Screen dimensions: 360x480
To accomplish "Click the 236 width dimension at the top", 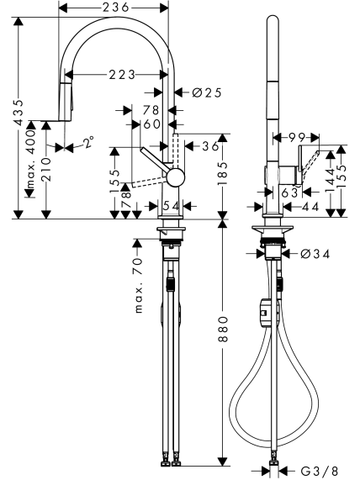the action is [x=115, y=8].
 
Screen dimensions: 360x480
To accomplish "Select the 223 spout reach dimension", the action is [x=122, y=74].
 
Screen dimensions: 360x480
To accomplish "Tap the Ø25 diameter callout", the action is [x=207, y=92].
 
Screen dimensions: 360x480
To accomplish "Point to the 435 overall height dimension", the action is [x=19, y=113].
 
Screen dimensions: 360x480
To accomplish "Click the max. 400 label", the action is [x=31, y=159].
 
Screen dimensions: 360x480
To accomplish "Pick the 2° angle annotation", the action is [x=88, y=142].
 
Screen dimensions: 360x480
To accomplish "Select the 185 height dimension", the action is [x=224, y=173].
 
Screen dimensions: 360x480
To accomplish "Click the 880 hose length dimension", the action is [x=224, y=329].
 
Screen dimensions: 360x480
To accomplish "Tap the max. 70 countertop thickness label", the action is [x=139, y=285].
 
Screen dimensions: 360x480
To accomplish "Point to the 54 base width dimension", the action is [x=171, y=206].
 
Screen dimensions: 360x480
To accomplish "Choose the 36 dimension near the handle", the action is [x=210, y=146].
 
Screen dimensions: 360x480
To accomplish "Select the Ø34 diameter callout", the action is [x=315, y=254].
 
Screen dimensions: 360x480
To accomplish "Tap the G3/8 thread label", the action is [x=320, y=470].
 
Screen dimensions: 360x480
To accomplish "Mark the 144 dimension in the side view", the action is [x=331, y=180].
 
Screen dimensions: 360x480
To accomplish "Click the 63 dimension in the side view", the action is [x=289, y=193].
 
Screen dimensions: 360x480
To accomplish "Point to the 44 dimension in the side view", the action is [x=310, y=208].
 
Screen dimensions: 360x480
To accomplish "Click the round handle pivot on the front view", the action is [x=176, y=177].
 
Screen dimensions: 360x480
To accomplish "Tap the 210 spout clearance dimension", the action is [x=46, y=169].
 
